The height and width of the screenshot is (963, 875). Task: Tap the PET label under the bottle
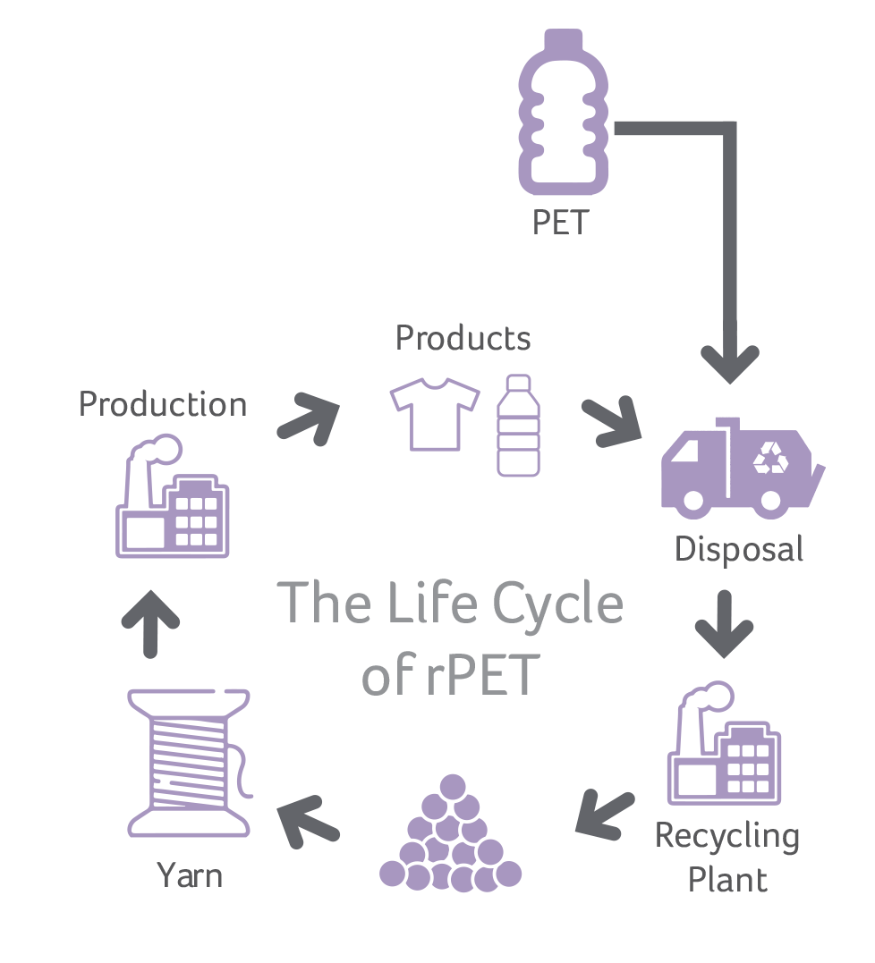pyautogui.click(x=560, y=223)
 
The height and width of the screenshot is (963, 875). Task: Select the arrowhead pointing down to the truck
pyautogui.click(x=729, y=362)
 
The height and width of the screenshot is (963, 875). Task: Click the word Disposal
pyautogui.click(x=739, y=549)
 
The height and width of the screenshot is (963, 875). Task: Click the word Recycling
pyautogui.click(x=726, y=837)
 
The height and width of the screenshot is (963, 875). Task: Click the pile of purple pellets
pyautogui.click(x=451, y=836)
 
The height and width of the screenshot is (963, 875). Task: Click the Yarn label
pyautogui.click(x=190, y=875)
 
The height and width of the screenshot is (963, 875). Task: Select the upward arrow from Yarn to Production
pyautogui.click(x=149, y=622)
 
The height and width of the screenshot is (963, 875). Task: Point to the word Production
pyautogui.click(x=163, y=404)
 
